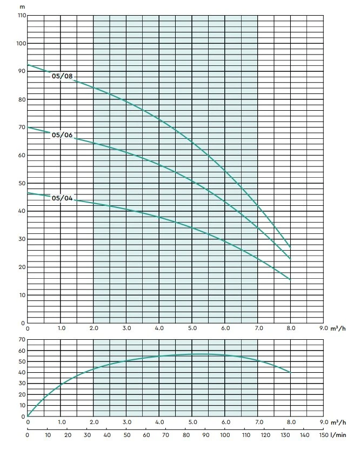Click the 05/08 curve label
[x=62, y=76]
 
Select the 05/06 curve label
[x=62, y=135]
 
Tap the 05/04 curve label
[x=62, y=198]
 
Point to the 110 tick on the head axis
[x=21, y=15]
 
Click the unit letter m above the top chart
[x=22, y=5]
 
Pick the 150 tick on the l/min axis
[x=324, y=434]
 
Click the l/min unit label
[x=339, y=434]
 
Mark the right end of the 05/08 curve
[x=291, y=247]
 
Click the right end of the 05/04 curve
[x=291, y=280]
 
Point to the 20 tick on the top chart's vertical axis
[x=21, y=267]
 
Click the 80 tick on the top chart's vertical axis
[x=21, y=99]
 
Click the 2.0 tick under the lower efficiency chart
[x=94, y=422]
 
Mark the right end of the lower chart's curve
[x=291, y=372]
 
